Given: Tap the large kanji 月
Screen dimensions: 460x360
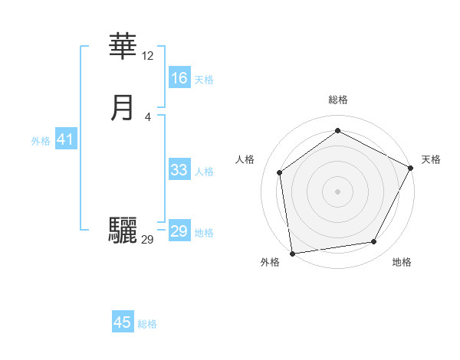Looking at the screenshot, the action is [x=123, y=108].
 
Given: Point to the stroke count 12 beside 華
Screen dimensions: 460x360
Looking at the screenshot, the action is [x=148, y=56].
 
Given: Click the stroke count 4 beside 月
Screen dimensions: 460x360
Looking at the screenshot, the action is [x=148, y=116].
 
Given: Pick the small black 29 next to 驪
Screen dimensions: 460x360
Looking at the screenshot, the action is [x=147, y=240].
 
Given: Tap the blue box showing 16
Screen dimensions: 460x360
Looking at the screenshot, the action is [x=179, y=78].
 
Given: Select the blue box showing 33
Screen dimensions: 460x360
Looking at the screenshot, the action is [x=179, y=171].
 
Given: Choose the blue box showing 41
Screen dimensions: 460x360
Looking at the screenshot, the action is [x=65, y=140].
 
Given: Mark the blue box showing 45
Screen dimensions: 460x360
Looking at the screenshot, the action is [x=123, y=323].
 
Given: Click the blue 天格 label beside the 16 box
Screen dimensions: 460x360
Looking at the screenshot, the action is [x=204, y=80].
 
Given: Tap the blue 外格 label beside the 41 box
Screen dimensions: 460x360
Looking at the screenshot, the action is [x=41, y=141].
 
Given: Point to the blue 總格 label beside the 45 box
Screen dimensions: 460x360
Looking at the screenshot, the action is [x=147, y=324].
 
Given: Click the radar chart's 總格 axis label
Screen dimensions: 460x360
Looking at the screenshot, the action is [x=338, y=100].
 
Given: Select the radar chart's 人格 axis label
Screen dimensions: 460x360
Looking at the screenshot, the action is [x=245, y=159].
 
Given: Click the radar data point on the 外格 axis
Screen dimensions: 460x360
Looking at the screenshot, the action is [x=291, y=254].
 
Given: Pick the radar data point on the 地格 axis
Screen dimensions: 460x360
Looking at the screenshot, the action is [x=374, y=242].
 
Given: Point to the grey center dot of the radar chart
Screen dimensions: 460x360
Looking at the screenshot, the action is [x=337, y=191].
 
